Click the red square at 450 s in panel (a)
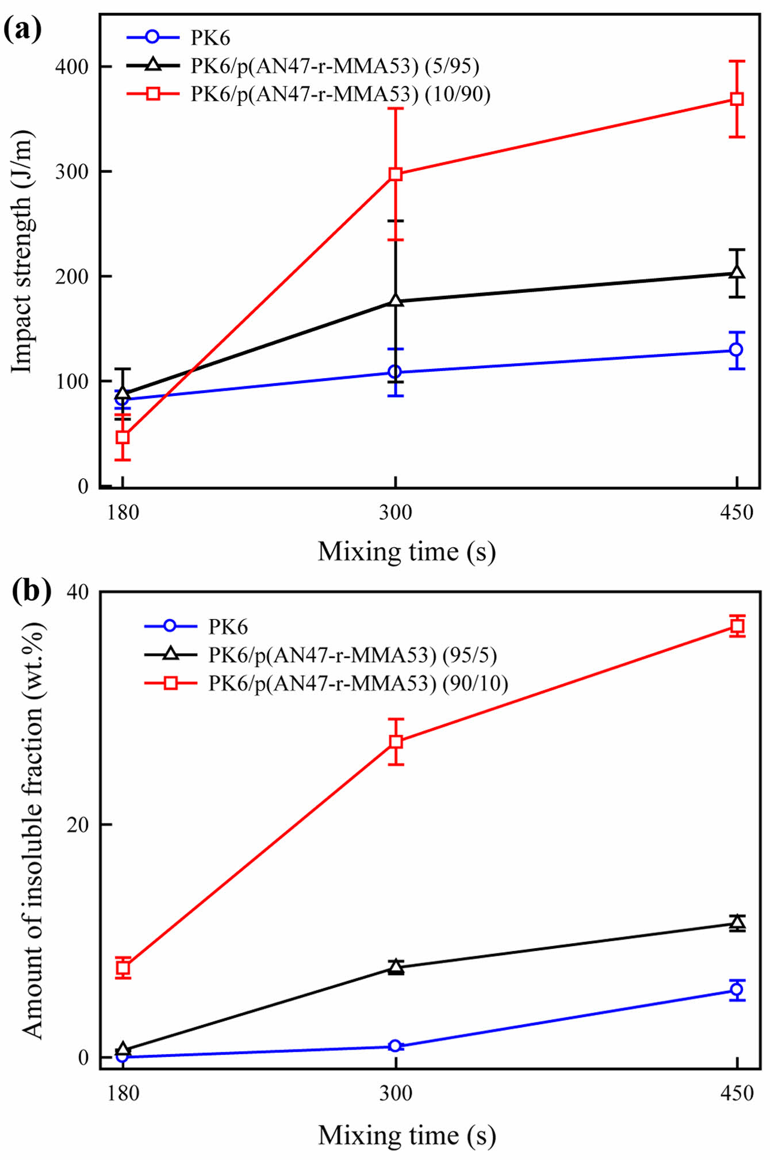737,99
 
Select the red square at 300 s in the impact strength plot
395,174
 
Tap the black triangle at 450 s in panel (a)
737,272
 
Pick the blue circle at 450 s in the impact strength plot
736,349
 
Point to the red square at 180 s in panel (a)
122,437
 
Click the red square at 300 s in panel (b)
396,742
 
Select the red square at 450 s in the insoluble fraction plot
737,626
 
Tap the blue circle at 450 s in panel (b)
737,990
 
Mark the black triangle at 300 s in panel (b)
396,967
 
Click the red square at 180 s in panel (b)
123,968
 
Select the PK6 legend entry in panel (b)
228,626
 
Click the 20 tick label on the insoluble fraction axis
78,825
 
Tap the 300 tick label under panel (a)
395,512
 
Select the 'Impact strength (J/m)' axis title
23,251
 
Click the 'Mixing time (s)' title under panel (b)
407,1135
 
